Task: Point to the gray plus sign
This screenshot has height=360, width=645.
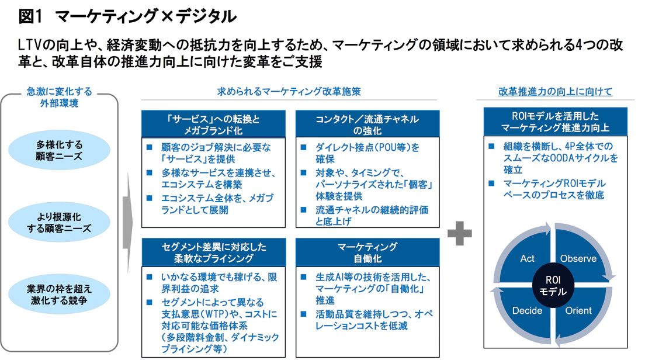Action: pyautogui.click(x=459, y=234)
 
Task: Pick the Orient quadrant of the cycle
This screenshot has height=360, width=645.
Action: pyautogui.click(x=578, y=310)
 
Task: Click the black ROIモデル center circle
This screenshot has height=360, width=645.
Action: pyautogui.click(x=552, y=285)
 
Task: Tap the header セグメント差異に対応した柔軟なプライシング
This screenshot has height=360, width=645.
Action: pyautogui.click(x=213, y=252)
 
